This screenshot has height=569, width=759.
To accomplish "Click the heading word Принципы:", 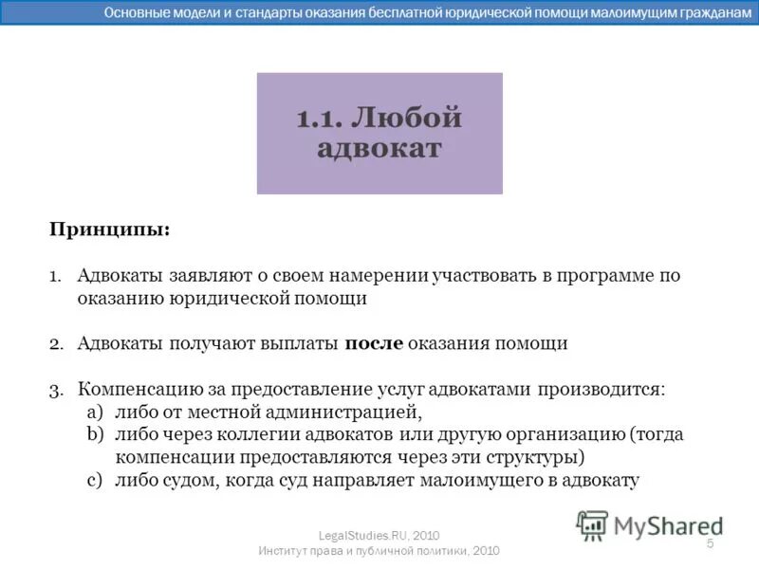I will [110, 229].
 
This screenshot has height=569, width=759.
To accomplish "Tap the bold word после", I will [374, 343].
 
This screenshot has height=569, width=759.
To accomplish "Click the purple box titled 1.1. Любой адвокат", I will [379, 133].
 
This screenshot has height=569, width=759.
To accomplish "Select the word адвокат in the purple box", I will [379, 149].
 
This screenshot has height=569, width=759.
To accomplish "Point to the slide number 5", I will [710, 542].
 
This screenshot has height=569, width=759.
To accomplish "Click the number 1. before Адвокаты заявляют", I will [56, 276].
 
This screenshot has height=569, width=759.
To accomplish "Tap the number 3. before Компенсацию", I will [56, 390].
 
